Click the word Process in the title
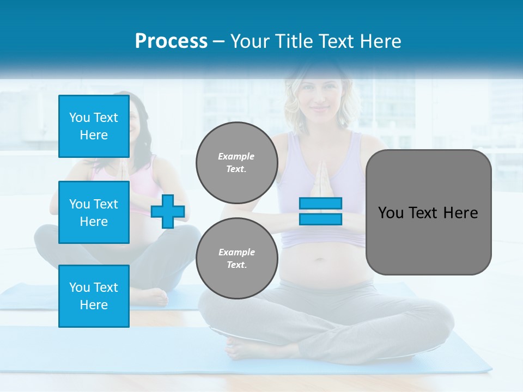click(x=171, y=41)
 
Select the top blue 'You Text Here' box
click(x=94, y=126)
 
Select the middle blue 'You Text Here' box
click(x=94, y=212)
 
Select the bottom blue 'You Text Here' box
click(x=94, y=296)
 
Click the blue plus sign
click(x=168, y=211)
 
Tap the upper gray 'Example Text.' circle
click(x=236, y=162)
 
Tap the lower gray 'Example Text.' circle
click(x=236, y=258)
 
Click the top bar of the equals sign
click(x=320, y=204)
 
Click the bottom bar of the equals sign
click(x=320, y=219)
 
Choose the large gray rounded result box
click(x=428, y=212)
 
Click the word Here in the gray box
click(x=461, y=213)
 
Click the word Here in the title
click(x=378, y=41)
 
